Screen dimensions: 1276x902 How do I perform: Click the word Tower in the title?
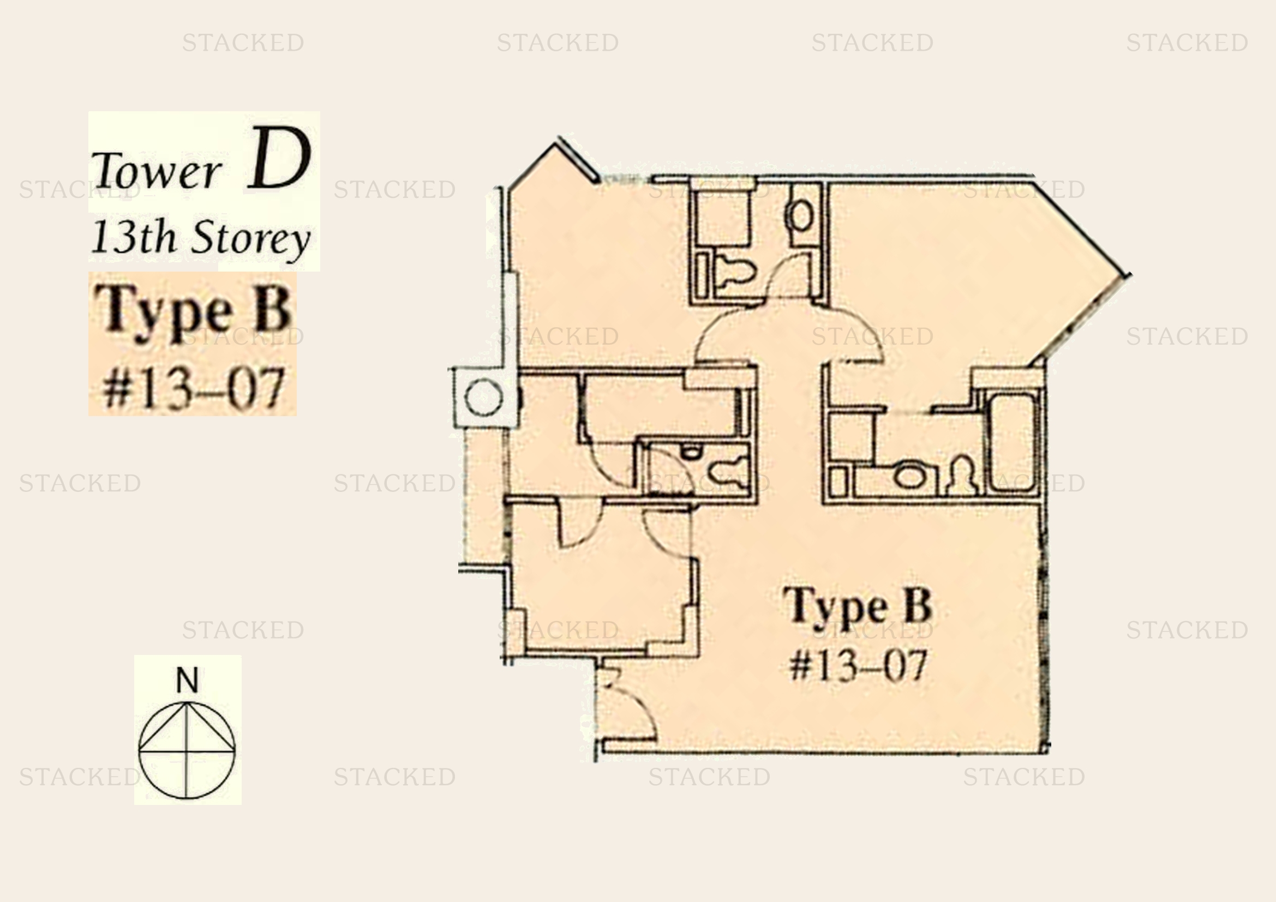[x=157, y=171]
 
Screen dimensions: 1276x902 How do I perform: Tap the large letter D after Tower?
[x=279, y=159]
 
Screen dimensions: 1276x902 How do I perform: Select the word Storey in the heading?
[x=251, y=239]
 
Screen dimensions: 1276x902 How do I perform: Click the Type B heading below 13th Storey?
[x=192, y=311]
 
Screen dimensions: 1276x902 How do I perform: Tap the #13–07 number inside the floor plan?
[x=859, y=665]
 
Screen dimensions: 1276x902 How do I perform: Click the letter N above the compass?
[x=187, y=680]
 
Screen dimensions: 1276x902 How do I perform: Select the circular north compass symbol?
[x=187, y=751]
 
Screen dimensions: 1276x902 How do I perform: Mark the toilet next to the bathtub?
[x=962, y=476]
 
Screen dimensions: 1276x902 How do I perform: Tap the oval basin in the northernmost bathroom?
[x=800, y=216]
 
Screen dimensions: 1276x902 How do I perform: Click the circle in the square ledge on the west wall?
[x=483, y=398]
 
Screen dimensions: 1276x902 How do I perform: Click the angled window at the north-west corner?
[x=579, y=159]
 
